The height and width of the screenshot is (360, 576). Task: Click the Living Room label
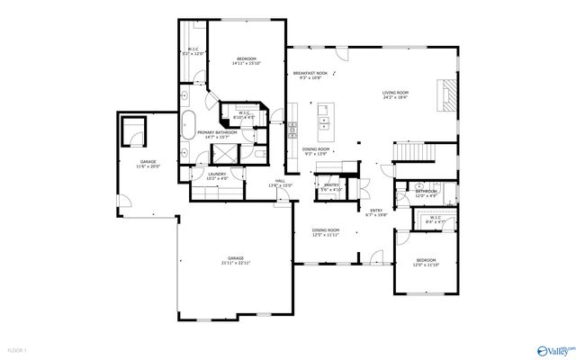395,92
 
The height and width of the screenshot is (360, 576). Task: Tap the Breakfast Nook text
310,74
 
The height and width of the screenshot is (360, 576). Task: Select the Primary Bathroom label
208,132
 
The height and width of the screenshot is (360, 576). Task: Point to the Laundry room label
217,174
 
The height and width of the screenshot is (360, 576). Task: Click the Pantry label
331,184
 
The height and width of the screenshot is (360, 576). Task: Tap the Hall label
280,181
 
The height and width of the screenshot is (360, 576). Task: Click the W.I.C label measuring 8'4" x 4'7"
435,220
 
